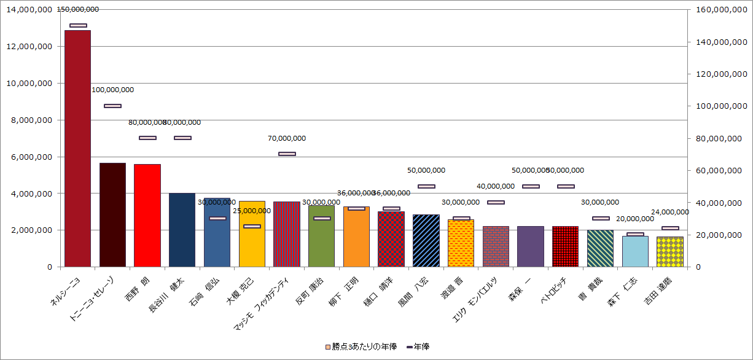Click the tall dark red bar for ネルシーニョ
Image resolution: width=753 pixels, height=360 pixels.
click(x=77, y=148)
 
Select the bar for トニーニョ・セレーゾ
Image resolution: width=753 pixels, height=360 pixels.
click(x=112, y=214)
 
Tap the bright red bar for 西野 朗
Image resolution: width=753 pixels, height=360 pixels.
click(x=147, y=215)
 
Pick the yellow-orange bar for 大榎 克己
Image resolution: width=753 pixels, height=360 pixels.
click(x=252, y=234)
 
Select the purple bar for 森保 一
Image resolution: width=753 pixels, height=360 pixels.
click(x=531, y=246)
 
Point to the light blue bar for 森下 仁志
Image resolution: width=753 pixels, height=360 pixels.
click(x=635, y=251)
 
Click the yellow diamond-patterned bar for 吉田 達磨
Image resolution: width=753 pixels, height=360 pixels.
click(x=670, y=252)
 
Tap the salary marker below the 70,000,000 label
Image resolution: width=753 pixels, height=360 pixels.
click(x=287, y=154)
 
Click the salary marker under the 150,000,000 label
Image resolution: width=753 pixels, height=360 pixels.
click(x=78, y=25)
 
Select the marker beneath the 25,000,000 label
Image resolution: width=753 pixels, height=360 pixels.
click(x=252, y=226)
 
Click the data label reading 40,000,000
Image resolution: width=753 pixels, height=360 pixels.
click(x=496, y=186)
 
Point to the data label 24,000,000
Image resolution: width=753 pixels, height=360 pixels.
click(x=670, y=212)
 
